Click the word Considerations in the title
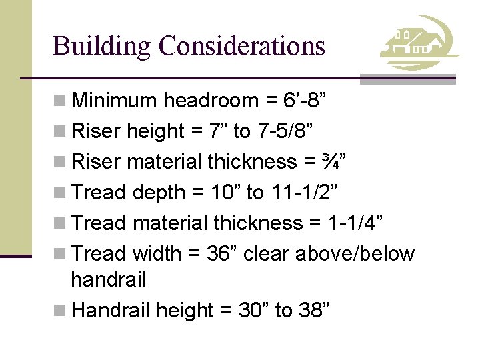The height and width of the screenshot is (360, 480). click(x=242, y=46)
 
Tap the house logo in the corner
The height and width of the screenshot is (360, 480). click(x=419, y=44)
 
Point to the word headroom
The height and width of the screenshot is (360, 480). click(x=211, y=101)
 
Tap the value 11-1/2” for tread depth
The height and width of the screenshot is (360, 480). click(x=306, y=193)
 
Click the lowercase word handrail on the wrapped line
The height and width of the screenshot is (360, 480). click(x=108, y=280)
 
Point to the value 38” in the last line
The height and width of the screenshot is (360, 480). click(x=313, y=311)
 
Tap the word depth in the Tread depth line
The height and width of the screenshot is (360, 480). click(x=158, y=193)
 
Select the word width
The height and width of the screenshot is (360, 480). click(x=157, y=254)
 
